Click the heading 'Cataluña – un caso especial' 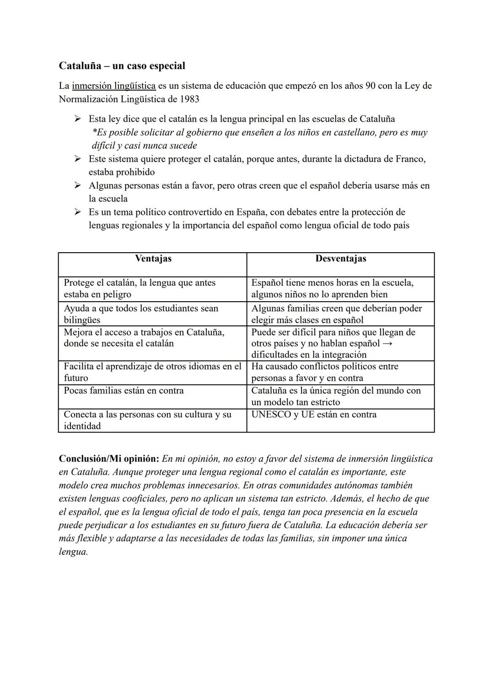[x=122, y=65]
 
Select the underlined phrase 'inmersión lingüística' [x=113, y=86]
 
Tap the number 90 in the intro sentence [x=370, y=86]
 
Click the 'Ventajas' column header [x=153, y=259]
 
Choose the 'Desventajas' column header [x=340, y=259]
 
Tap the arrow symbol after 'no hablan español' [x=387, y=343]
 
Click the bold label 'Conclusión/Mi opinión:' [x=109, y=459]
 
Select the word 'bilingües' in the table [x=82, y=320]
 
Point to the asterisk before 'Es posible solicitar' [x=94, y=132]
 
